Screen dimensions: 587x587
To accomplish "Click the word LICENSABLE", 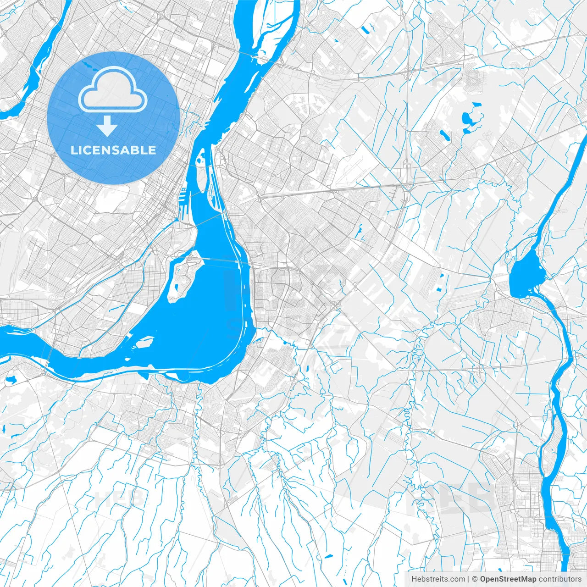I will click(x=113, y=150).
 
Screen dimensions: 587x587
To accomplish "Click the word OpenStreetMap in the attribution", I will click(x=508, y=579).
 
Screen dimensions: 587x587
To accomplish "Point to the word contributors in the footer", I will click(x=560, y=579).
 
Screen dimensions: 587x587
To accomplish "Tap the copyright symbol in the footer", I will click(x=475, y=579).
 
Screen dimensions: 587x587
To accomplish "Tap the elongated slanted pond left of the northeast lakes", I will click(x=444, y=135).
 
